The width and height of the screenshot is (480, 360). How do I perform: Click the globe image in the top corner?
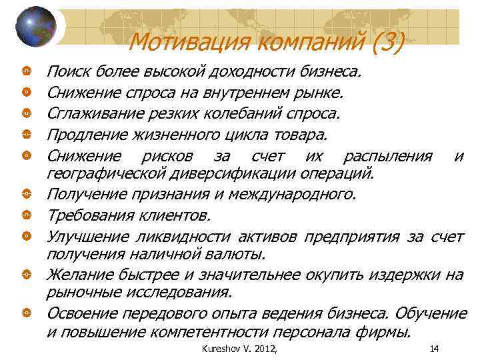pyautogui.click(x=35, y=27)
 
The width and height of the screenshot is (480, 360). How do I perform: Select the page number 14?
pyautogui.click(x=435, y=349)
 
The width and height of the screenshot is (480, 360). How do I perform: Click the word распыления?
pyautogui.click(x=387, y=157)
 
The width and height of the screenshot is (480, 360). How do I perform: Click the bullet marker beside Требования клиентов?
pyautogui.click(x=24, y=215)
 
